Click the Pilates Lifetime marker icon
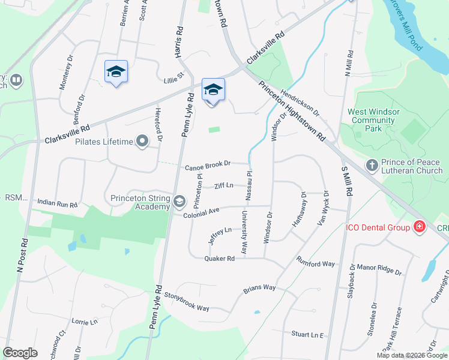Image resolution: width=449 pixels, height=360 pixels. (x=142, y=142)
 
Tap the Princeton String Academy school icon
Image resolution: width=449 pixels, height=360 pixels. (x=179, y=201)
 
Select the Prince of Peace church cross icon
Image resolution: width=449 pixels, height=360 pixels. (x=372, y=165)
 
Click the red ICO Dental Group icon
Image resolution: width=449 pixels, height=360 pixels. (x=418, y=227)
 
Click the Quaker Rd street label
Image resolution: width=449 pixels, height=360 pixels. (x=219, y=259)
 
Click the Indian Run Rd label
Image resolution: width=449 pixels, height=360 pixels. (x=58, y=204)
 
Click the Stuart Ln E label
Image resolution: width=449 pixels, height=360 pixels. (x=307, y=334)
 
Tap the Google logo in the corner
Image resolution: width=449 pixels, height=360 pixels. (x=20, y=353)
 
